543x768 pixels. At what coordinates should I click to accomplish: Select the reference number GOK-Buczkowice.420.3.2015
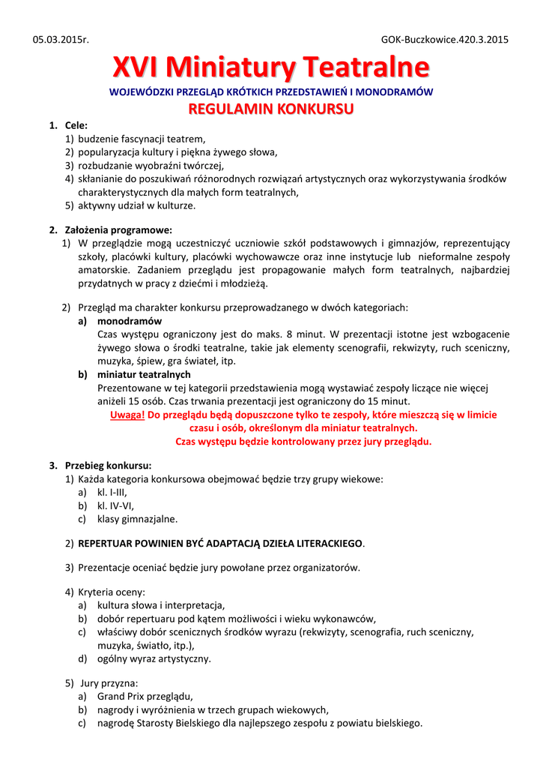pos(445,39)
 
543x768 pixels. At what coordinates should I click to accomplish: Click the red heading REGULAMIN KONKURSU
pos(271,109)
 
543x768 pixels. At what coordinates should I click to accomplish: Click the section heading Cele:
pos(76,125)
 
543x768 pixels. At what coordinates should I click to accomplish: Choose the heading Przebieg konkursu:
pos(108,465)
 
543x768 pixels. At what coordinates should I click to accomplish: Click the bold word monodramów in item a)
pos(129,321)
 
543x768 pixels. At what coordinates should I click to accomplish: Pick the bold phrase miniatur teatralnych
pos(144,374)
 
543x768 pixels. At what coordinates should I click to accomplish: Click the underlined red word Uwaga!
pos(127,415)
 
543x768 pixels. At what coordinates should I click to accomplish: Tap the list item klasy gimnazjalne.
pos(138,519)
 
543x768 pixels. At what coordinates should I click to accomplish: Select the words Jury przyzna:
pos(109,683)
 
